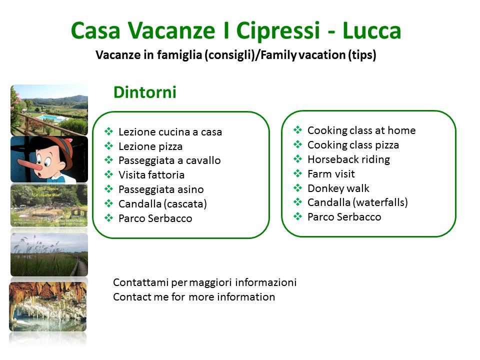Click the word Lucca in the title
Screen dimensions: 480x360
[x=371, y=30]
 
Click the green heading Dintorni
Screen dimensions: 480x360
[x=145, y=92]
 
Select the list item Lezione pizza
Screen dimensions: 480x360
[x=150, y=146]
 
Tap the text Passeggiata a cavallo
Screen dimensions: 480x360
[x=169, y=160]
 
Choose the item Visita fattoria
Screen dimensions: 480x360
[x=151, y=175]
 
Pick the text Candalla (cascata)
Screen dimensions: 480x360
[x=162, y=204]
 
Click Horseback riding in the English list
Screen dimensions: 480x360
[x=348, y=159]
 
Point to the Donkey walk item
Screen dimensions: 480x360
[x=338, y=188]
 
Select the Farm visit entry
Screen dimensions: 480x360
[x=331, y=174]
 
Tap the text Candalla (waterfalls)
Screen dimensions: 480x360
[x=357, y=202]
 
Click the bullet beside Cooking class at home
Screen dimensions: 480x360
[x=297, y=130]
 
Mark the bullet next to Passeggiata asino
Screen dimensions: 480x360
[x=108, y=189]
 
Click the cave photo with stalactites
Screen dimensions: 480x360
[x=48, y=306]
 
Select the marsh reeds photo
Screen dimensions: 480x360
[x=49, y=254]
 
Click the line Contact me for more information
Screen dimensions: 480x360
[x=194, y=297]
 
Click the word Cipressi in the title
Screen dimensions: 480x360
[x=278, y=31]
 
